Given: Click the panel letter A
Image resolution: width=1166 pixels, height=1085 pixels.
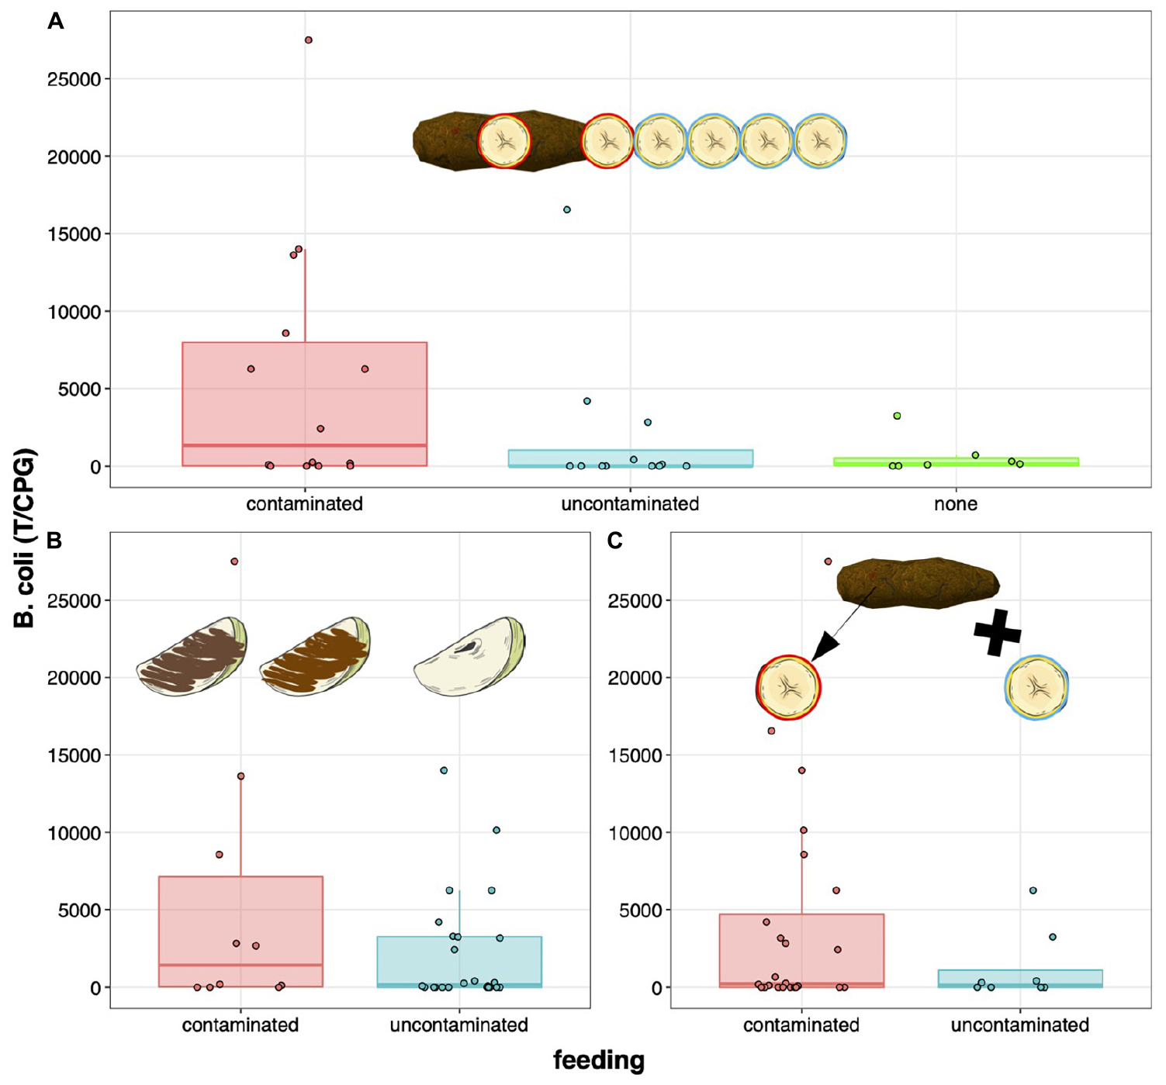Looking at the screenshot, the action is pos(56,22).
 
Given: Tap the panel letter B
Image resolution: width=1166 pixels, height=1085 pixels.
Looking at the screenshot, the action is pos(54,540).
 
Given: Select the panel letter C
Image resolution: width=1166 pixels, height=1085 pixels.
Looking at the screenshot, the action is pos(614,540).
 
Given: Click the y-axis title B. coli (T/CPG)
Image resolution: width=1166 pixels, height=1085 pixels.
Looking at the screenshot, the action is pos(25,538).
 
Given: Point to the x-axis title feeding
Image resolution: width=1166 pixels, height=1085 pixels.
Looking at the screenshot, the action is pos(599,1060).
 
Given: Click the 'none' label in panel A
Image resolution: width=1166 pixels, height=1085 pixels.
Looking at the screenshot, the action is pos(956,504).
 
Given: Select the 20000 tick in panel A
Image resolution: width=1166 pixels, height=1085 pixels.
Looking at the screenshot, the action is pos(74,157).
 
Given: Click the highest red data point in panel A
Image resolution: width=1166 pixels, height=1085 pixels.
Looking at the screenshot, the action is pos(308,40).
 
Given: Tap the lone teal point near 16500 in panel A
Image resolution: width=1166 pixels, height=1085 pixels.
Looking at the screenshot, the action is pos(567,209).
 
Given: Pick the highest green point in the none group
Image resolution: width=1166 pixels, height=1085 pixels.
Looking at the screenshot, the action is pos(897,416).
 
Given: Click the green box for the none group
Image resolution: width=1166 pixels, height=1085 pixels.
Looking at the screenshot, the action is pos(956,461).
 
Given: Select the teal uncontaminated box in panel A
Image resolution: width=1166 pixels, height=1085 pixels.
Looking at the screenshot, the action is pos(631,458).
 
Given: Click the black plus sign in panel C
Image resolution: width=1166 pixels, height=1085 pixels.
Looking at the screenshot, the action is pos(998,632).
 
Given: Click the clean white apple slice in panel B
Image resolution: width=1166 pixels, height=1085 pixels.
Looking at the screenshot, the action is pos(469,656).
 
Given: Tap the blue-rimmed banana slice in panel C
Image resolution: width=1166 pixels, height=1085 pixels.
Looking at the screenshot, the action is pos(1037,687).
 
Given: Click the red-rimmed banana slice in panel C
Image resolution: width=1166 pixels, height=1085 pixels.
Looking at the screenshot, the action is pos(788,687).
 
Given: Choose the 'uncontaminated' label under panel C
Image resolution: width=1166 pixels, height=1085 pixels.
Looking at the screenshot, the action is pos(1020,1025).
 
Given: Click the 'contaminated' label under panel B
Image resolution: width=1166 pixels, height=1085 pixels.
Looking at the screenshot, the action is pos(240,1025).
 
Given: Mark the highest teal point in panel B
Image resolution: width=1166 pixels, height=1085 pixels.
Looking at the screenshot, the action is pos(444,770).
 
